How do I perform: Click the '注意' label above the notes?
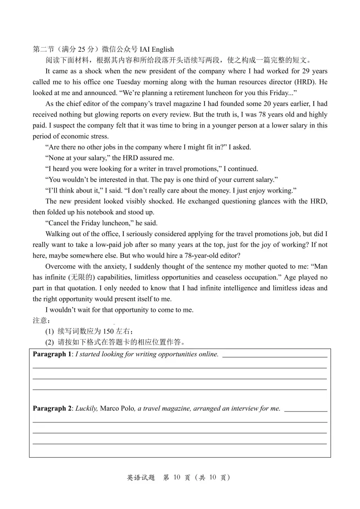tap(40, 320)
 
